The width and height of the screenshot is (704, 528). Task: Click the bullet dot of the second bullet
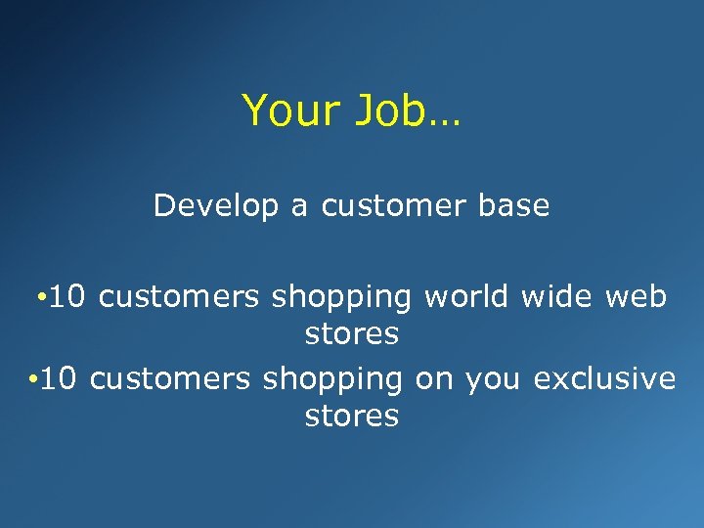(32, 378)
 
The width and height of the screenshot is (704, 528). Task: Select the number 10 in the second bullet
(61, 377)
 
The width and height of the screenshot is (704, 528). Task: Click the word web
(636, 295)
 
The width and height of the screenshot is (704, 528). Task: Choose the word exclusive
(604, 377)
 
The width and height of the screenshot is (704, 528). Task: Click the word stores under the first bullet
(352, 334)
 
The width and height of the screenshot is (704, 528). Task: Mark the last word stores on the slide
(352, 417)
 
